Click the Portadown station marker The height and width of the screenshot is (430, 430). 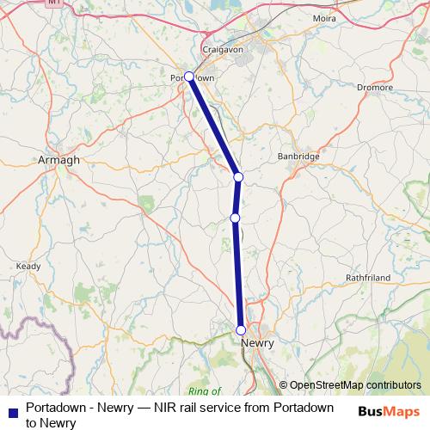tap(189, 77)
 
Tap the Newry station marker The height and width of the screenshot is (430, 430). tap(241, 330)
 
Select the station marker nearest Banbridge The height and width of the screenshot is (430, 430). tap(239, 177)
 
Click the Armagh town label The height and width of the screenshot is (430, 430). tap(59, 160)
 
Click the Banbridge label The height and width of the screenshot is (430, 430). tap(298, 157)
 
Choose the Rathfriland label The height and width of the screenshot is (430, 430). tap(368, 279)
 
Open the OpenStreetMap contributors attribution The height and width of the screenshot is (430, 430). tap(355, 385)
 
